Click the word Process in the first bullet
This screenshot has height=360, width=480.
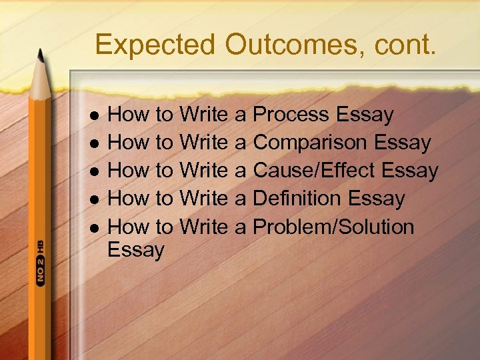pos(292,115)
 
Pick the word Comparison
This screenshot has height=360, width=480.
pos(310,143)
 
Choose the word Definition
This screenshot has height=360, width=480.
pos(297,199)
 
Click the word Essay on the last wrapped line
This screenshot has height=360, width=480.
pos(136,251)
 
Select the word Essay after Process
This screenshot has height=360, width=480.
pos(365,115)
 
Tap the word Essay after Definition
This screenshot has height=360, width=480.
pos(376,199)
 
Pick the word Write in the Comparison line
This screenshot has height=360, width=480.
pos(203,143)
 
